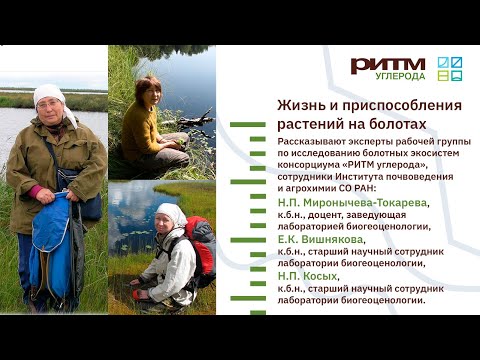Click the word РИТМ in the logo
(387, 64)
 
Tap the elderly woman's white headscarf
(51, 96)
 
